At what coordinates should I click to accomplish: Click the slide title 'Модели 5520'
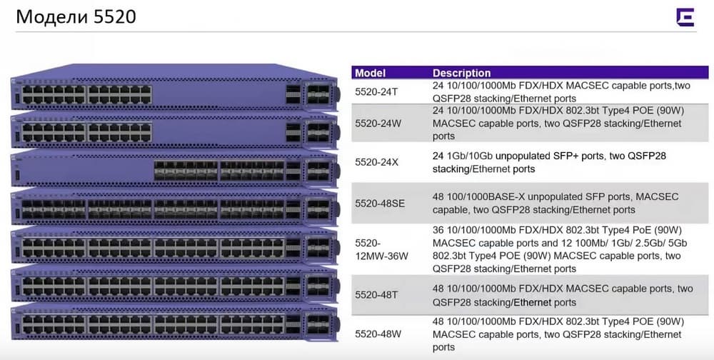click(76, 17)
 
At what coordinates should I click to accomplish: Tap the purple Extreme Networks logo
click(685, 18)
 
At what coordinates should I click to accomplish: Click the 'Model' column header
click(370, 73)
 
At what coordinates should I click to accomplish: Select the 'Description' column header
click(462, 73)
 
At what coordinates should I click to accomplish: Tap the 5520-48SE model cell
click(380, 204)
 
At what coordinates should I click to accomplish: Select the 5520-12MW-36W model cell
click(381, 249)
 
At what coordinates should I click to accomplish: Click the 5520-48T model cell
click(376, 295)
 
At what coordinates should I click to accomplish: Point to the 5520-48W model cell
click(378, 334)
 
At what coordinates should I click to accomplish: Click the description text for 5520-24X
click(549, 163)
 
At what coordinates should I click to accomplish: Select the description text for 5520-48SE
click(555, 204)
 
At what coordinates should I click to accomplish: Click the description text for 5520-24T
click(561, 92)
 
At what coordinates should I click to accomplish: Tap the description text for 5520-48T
click(563, 295)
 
